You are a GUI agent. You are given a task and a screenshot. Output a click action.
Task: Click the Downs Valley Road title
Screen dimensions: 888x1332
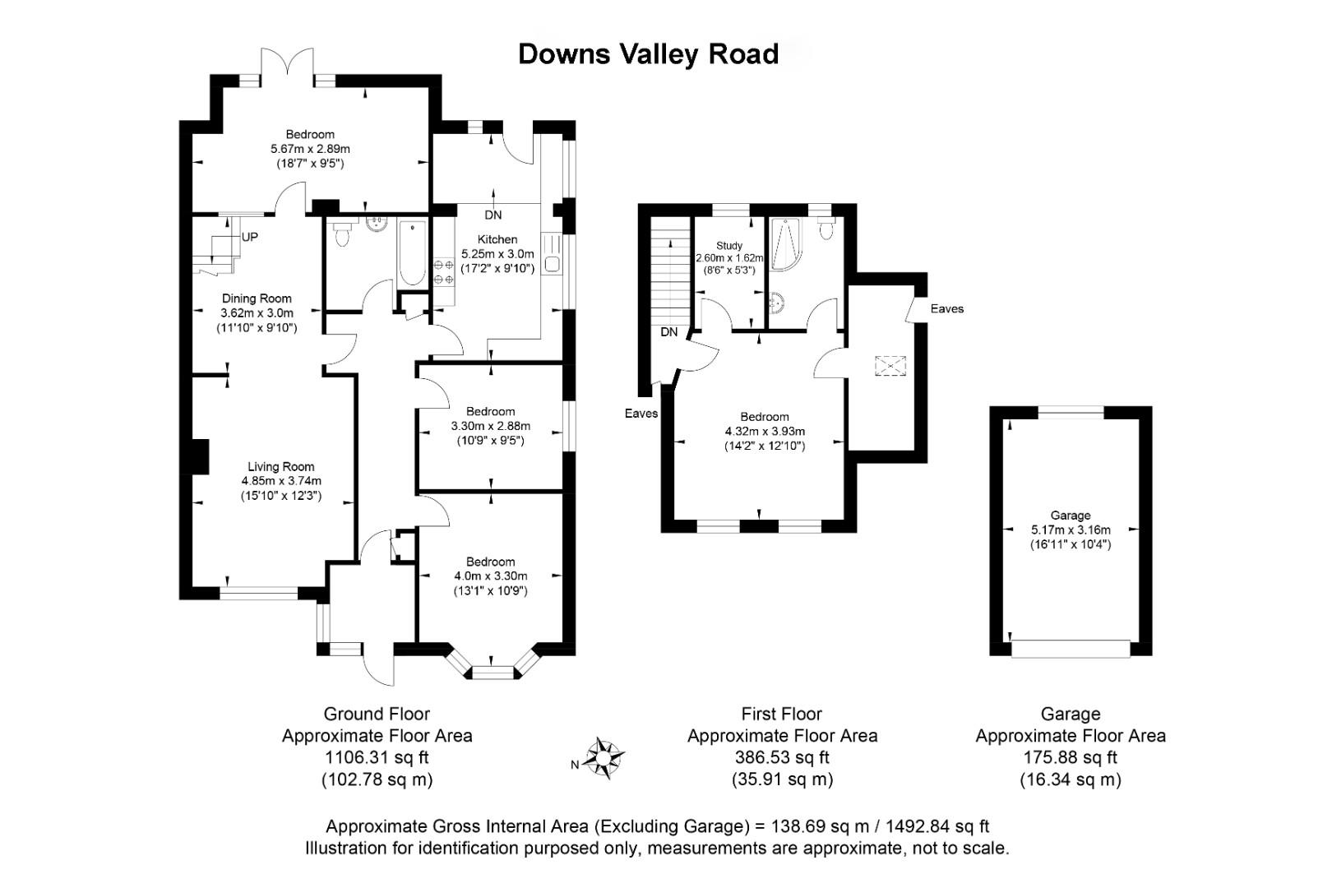tap(648, 53)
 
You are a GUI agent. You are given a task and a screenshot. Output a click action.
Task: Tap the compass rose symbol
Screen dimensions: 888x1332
tap(606, 757)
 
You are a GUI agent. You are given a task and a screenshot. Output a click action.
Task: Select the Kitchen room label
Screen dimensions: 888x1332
tap(497, 239)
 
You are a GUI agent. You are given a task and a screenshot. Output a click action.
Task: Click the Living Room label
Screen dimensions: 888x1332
tap(280, 467)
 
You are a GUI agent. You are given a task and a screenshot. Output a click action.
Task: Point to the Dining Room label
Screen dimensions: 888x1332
tap(257, 298)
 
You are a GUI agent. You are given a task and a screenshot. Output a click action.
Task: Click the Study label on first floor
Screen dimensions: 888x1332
tap(728, 245)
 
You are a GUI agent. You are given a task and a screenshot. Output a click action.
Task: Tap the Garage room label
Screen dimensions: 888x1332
tap(1071, 516)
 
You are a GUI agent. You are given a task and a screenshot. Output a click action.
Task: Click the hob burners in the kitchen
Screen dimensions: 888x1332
tap(443, 272)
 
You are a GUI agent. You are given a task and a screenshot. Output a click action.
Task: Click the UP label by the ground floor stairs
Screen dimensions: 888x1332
tap(250, 238)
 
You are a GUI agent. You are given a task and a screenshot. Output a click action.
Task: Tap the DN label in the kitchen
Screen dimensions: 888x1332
tap(493, 215)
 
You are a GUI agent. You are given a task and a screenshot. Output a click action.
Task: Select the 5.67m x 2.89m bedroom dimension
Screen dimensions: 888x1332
tap(310, 149)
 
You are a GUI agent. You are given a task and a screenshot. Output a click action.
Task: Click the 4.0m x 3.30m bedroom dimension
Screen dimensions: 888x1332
tap(490, 576)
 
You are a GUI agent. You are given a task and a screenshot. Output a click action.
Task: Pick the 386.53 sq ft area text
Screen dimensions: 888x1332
tap(782, 757)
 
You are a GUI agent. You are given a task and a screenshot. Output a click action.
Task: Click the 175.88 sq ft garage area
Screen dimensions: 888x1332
tap(1071, 757)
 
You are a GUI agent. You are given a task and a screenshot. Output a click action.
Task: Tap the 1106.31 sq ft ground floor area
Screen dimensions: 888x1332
tap(377, 757)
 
